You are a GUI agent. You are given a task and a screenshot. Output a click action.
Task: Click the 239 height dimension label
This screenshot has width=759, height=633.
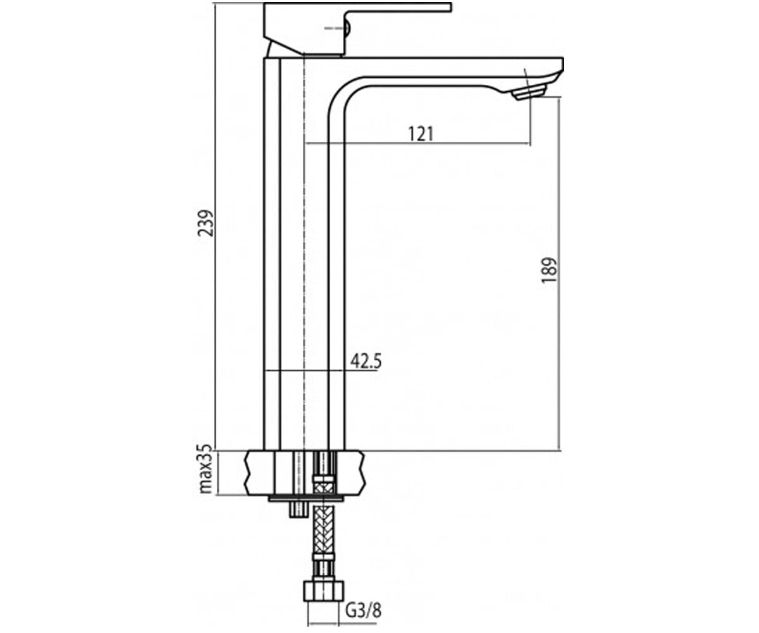tap(206, 223)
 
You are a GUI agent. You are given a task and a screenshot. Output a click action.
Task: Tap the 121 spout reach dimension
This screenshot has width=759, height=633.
tap(421, 134)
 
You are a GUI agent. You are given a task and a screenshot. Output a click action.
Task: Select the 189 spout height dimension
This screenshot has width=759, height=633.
tap(548, 270)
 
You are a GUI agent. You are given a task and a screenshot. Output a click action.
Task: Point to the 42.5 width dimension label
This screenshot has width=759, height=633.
tap(366, 361)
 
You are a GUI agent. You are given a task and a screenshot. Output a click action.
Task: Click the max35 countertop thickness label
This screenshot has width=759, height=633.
tap(206, 468)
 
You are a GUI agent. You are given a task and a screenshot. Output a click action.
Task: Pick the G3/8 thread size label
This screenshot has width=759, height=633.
tap(364, 610)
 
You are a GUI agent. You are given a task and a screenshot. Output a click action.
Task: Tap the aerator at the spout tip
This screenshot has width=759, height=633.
tap(529, 91)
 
